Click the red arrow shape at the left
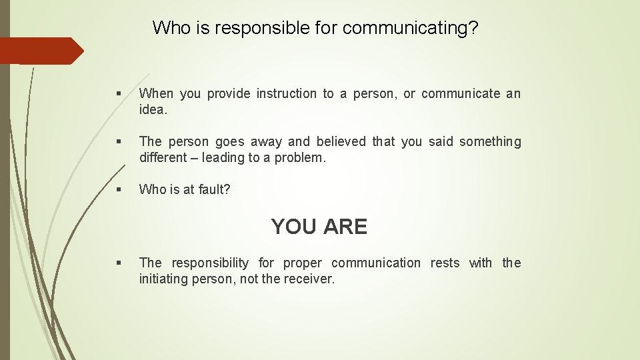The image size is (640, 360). [40, 51]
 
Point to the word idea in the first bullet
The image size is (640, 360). [153, 110]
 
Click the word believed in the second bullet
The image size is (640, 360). [341, 142]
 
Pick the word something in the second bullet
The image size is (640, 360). [490, 142]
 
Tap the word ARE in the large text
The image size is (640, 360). [345, 227]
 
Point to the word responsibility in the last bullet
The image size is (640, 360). [210, 263]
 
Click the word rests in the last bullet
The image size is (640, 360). [445, 263]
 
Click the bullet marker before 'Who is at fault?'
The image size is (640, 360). [118, 190]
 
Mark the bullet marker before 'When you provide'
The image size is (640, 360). [118, 94]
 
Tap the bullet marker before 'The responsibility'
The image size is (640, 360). [118, 263]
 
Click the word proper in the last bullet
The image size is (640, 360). [302, 263]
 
